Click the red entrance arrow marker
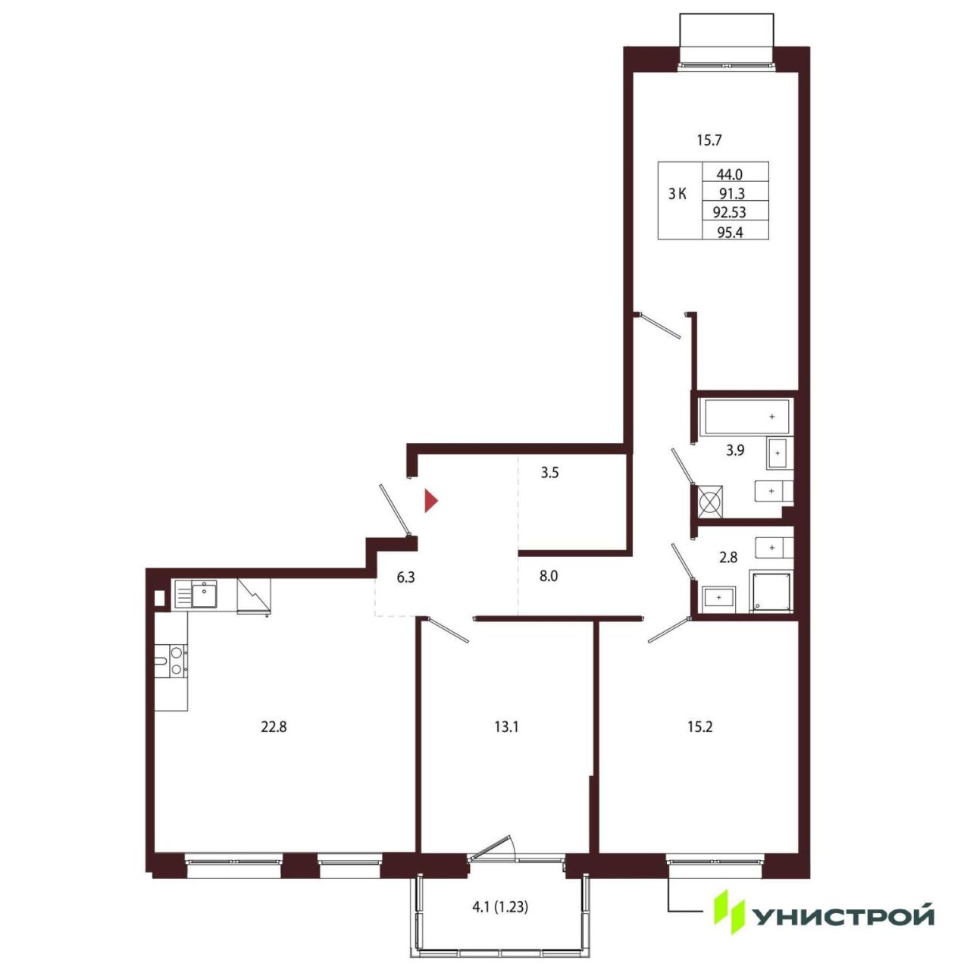[x=430, y=500]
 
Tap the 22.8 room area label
[x=274, y=727]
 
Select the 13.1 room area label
[x=506, y=727]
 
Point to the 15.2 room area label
[x=699, y=727]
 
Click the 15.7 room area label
[x=709, y=140]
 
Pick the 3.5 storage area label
[x=549, y=473]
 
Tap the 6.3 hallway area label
[x=405, y=577]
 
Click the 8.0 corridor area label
[x=549, y=576]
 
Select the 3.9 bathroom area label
[x=735, y=450]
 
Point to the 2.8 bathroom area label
[x=728, y=557]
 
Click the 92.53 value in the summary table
[x=730, y=212]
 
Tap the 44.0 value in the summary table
[x=730, y=174]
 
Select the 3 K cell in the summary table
[x=677, y=194]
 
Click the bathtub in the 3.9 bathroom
[x=746, y=416]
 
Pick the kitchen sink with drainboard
[x=196, y=594]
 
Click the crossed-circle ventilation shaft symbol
[x=710, y=502]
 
